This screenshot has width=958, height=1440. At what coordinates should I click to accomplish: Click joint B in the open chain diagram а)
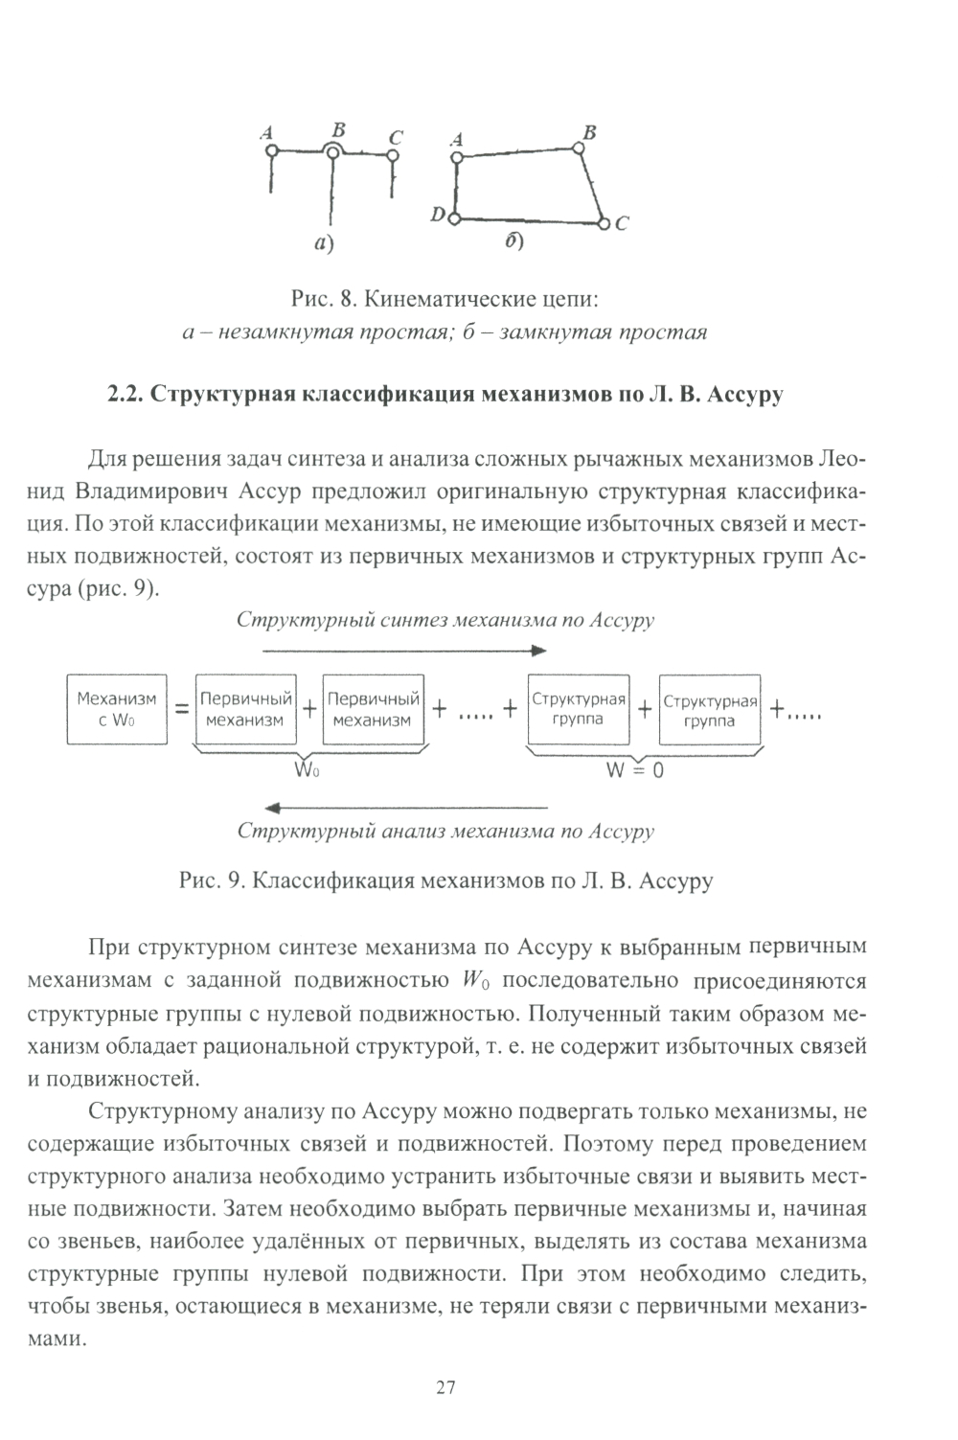(x=331, y=149)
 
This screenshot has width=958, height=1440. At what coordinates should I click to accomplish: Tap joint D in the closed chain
(x=455, y=218)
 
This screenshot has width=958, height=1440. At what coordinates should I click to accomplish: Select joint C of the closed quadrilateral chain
(x=604, y=223)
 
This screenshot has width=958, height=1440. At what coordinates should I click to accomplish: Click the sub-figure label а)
(x=325, y=244)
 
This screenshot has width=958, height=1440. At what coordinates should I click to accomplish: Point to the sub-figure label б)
(x=514, y=242)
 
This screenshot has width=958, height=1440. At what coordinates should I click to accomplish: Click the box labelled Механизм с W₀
(x=116, y=709)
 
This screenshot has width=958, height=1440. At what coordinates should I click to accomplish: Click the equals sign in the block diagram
(x=179, y=710)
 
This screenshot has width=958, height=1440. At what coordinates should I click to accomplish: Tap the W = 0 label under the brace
(x=634, y=768)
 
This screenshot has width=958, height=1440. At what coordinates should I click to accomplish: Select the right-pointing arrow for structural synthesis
(x=403, y=650)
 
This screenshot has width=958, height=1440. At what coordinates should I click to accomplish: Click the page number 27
(x=445, y=1386)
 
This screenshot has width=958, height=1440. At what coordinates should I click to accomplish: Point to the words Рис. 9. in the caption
(x=214, y=880)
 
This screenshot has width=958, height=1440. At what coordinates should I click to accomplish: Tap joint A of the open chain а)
(x=272, y=150)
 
